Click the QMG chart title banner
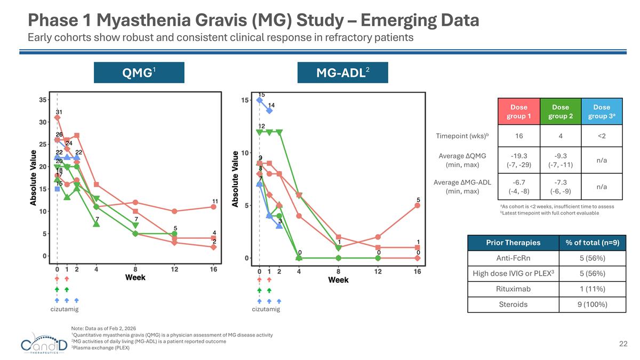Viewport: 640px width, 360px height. [x=139, y=73]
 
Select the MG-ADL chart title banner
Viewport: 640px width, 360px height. [x=342, y=73]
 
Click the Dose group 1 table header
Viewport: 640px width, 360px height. [x=518, y=111]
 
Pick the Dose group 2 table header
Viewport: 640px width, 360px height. [x=560, y=111]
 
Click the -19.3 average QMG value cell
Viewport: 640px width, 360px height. [x=518, y=160]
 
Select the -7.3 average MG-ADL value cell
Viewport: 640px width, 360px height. [x=560, y=186]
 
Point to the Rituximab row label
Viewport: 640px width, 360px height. [x=513, y=289]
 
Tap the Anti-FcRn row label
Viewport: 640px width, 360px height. [x=513, y=258]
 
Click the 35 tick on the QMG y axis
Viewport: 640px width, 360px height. [x=42, y=100]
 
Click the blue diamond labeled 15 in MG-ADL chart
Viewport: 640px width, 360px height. [x=260, y=100]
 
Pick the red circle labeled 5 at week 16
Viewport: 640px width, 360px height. [x=418, y=205]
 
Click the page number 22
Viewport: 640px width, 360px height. [x=623, y=344]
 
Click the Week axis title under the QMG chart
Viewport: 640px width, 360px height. [x=135, y=277]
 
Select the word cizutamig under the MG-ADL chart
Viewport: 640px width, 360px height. [x=266, y=309]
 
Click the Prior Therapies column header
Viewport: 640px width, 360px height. [x=513, y=243]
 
